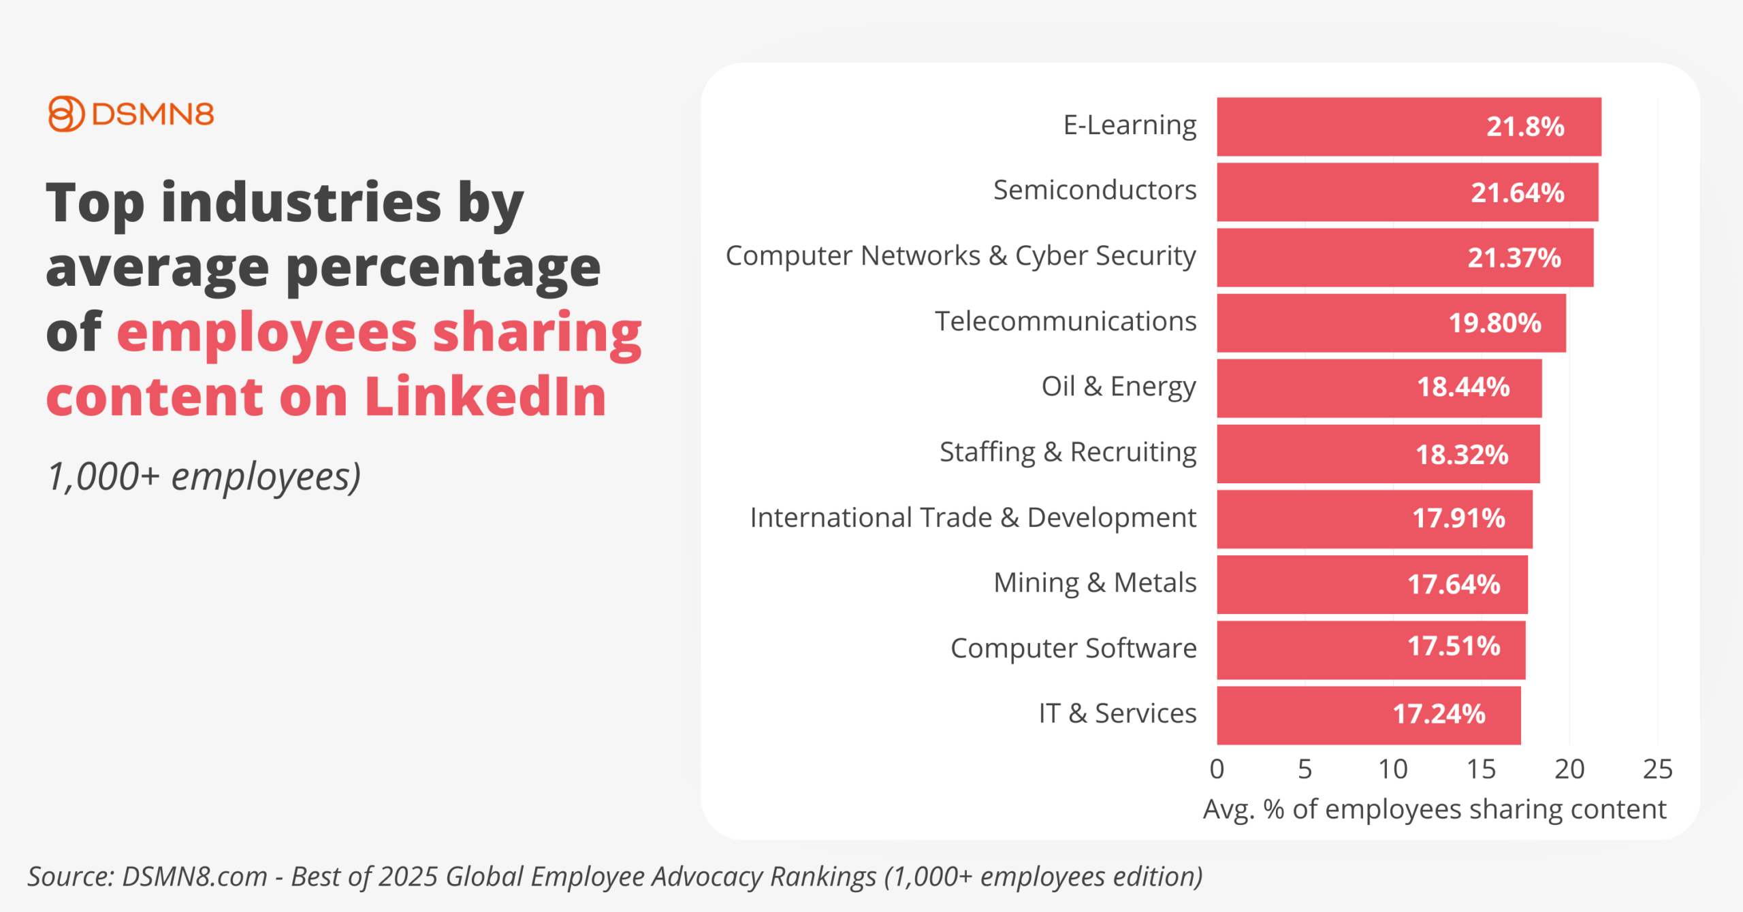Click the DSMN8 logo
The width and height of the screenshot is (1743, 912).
(131, 114)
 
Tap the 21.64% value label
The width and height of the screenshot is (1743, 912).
(1517, 193)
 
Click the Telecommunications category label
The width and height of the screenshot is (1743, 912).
(1065, 321)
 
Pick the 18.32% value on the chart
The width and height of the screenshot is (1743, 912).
(1462, 454)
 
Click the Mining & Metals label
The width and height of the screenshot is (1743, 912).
(1094, 583)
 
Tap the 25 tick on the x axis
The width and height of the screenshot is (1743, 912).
(1657, 769)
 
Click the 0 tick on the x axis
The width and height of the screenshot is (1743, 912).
(1217, 769)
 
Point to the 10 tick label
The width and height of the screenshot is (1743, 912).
(1392, 769)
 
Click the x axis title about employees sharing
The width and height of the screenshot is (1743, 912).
(1434, 809)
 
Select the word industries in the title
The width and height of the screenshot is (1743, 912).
(301, 202)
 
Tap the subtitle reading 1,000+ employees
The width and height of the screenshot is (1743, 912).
(204, 476)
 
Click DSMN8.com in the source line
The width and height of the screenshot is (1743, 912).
(194, 877)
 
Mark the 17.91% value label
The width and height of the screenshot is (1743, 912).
(1458, 519)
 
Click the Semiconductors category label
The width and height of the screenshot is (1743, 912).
(1094, 190)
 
